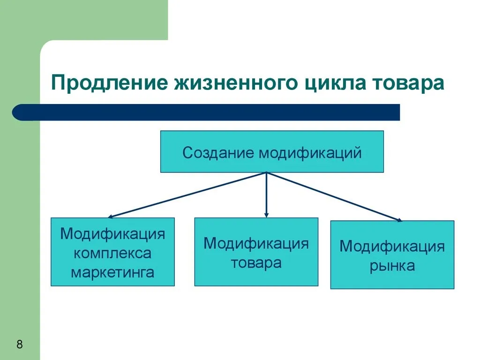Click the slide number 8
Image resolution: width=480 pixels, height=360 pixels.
pos(20,344)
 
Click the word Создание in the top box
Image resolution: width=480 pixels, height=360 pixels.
pos(218,152)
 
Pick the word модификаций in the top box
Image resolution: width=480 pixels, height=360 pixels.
pos(310,152)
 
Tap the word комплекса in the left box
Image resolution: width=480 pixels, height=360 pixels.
pos(112,254)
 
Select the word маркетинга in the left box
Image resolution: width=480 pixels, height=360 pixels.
pos(112,272)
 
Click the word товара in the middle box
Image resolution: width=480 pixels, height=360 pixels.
pos(256,263)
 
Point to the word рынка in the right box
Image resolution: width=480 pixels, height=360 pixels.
pos(392,266)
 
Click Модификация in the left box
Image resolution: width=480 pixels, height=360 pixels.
pos(112,234)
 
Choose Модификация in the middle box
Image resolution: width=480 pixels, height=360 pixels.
pos(256,244)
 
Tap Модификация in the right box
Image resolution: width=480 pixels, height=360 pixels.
pos(392,247)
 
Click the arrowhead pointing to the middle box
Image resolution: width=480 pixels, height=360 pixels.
pos(266,215)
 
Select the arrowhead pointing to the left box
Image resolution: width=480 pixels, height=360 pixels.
pos(110,217)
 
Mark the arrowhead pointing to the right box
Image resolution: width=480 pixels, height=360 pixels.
pos(399,220)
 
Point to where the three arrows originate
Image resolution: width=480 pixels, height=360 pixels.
pos(266,173)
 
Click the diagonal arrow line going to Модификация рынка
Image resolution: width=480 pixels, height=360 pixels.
pos(334,196)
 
